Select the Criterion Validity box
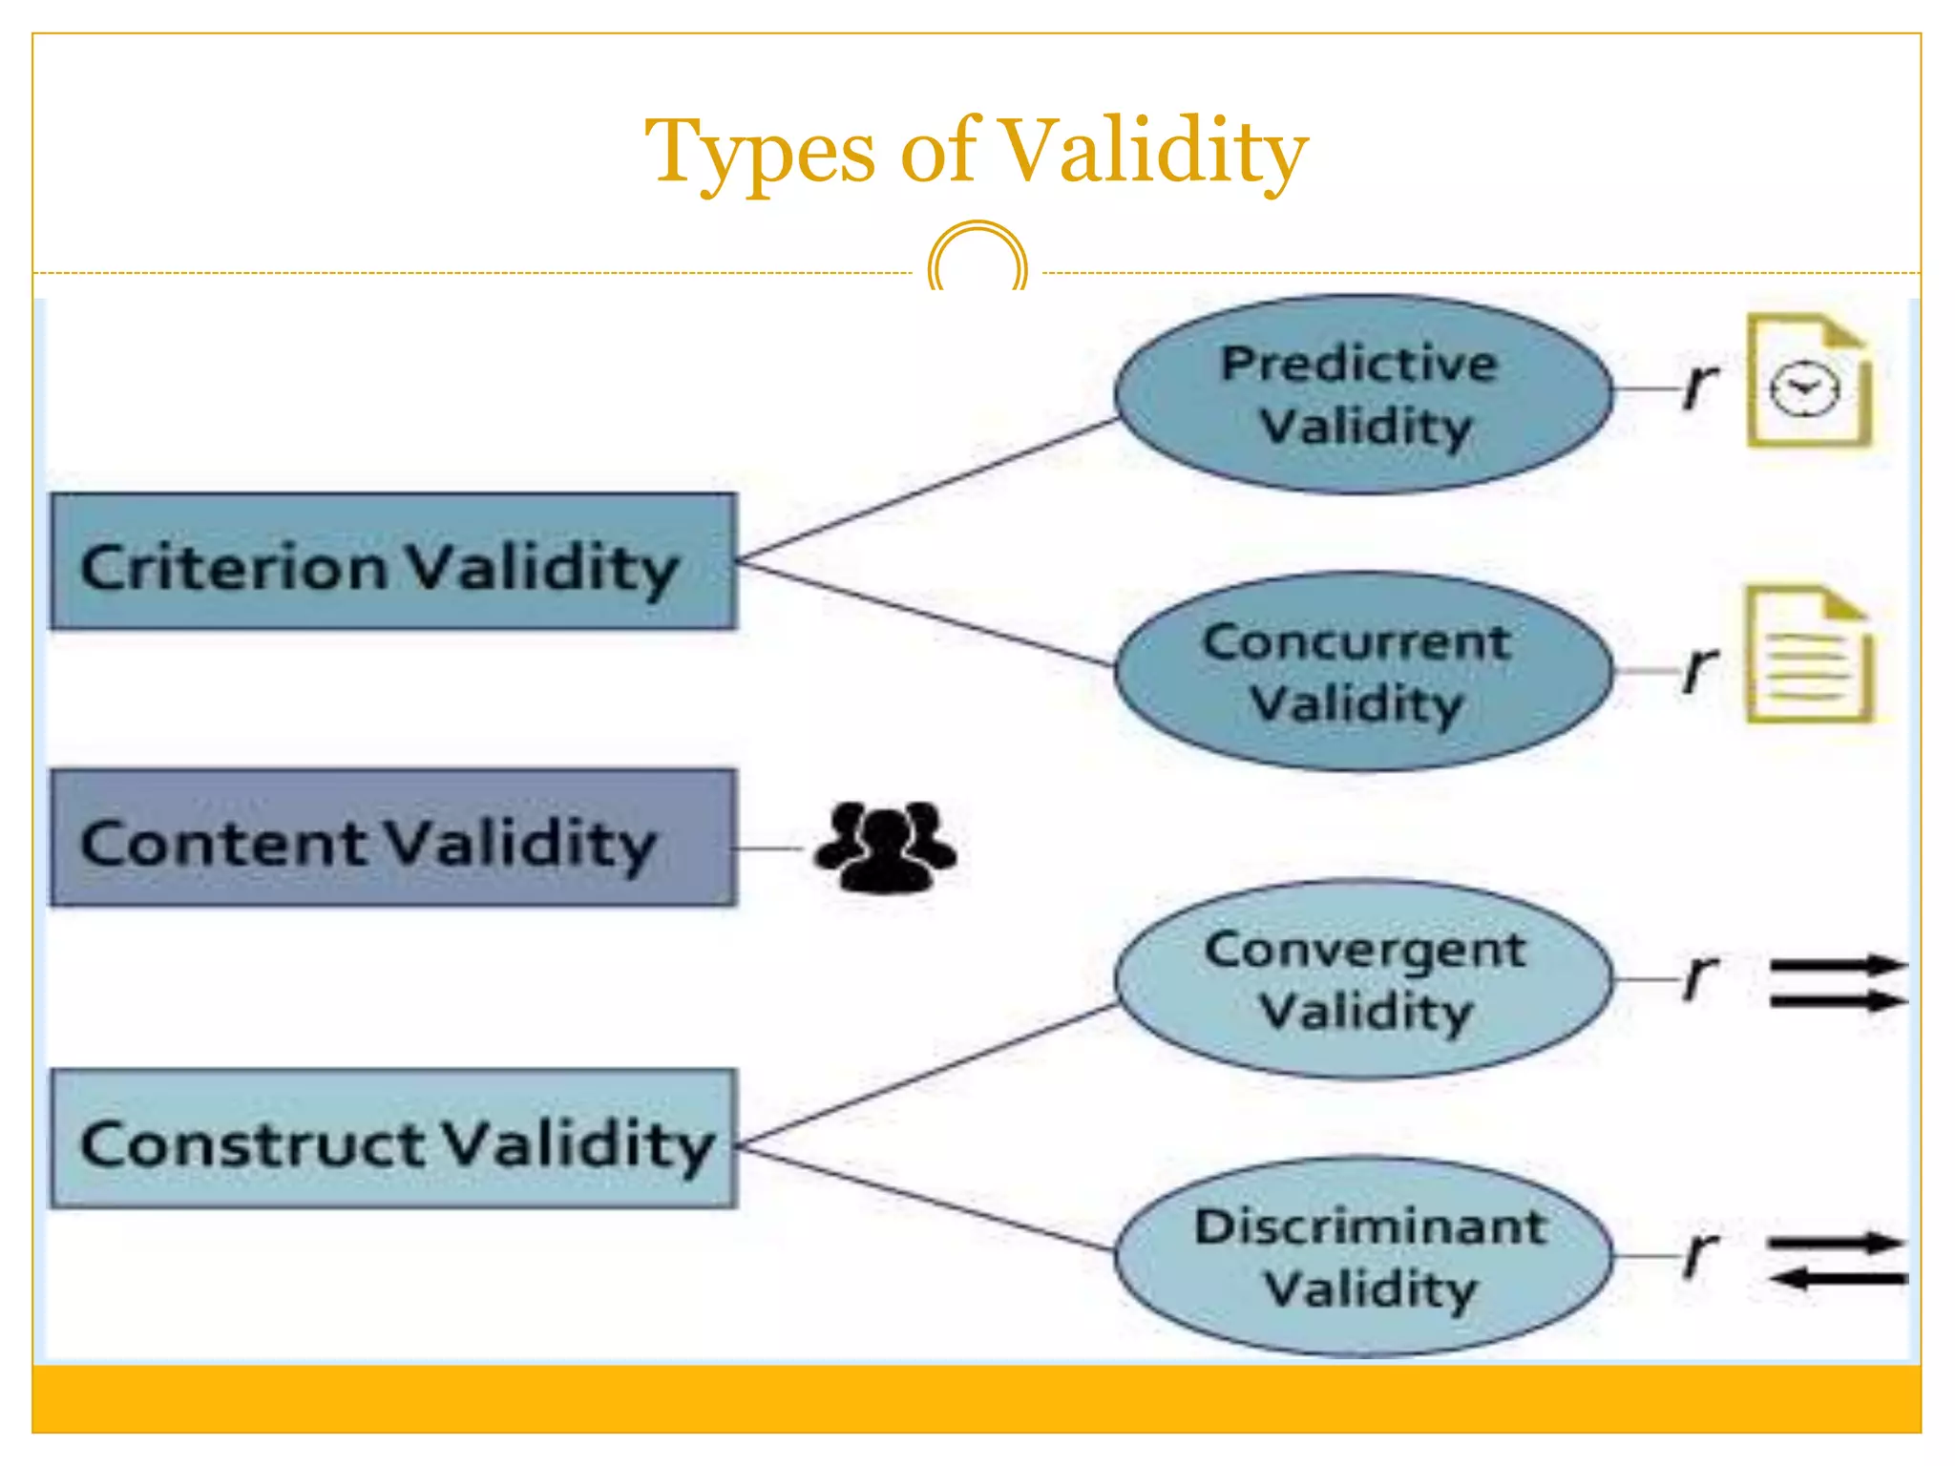pos(393,562)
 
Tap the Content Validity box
pos(393,838)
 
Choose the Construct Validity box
pos(393,1139)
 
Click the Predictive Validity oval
pos(1363,395)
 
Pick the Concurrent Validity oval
pos(1363,672)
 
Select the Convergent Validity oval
pos(1363,979)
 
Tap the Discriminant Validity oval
pos(1363,1257)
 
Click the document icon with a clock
pos(1808,381)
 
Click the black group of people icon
pos(885,847)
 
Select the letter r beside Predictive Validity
pos(1699,386)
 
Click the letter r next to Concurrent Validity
pos(1699,667)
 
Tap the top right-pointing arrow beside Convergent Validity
pos(1838,965)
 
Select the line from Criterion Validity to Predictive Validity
pos(926,489)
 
